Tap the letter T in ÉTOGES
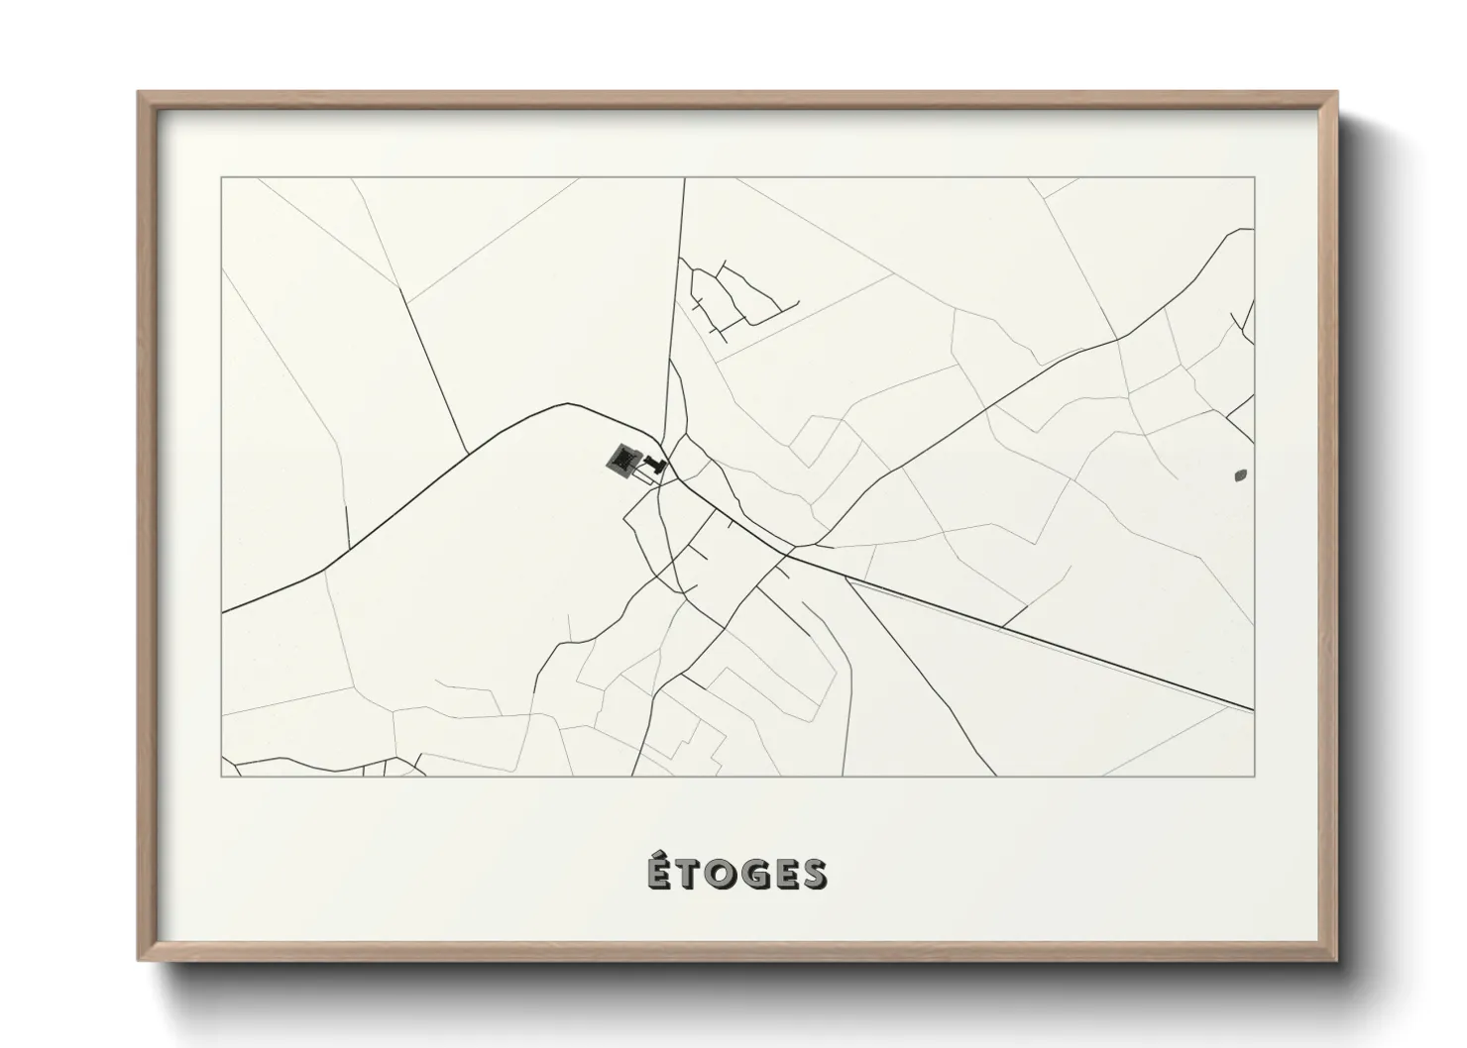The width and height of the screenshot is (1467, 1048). click(686, 875)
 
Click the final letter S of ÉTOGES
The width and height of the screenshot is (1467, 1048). click(815, 875)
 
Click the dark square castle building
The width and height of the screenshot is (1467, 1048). click(623, 459)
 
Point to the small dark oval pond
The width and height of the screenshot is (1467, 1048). click(1240, 475)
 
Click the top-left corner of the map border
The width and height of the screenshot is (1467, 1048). click(222, 178)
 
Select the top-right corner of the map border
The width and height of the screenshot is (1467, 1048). click(1254, 178)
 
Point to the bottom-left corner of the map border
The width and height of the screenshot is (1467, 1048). click(222, 777)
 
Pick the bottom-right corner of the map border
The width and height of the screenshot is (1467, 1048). click(1254, 777)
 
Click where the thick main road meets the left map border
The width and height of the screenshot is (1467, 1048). click(223, 612)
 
